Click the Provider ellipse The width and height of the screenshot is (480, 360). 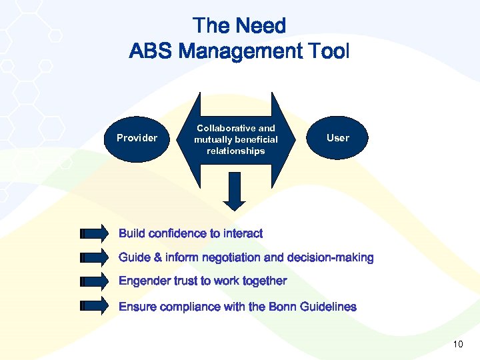[137, 138]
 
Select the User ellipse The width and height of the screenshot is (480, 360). [337, 137]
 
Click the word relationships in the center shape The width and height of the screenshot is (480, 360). [236, 151]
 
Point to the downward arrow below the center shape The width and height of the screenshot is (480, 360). [234, 191]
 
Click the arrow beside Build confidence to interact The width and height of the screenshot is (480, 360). [93, 233]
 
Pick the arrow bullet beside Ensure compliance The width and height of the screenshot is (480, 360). [93, 307]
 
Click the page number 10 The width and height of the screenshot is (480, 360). [457, 344]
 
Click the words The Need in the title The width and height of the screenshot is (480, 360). [239, 26]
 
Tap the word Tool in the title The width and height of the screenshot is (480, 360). [327, 51]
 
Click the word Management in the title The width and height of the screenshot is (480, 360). [239, 51]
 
